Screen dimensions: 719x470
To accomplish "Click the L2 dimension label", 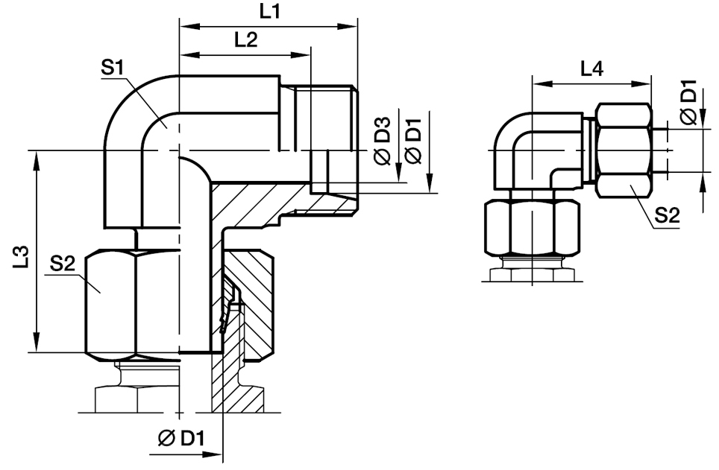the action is click(246, 40).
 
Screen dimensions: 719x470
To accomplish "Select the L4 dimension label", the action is click(592, 69).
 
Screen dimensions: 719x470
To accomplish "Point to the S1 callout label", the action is click(113, 69).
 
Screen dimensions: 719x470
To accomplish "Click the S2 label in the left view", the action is click(63, 264).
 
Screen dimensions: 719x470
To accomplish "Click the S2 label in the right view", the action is click(667, 215).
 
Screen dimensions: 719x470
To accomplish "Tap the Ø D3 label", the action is click(383, 141).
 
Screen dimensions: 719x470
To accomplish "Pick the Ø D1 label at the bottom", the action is click(180, 439).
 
